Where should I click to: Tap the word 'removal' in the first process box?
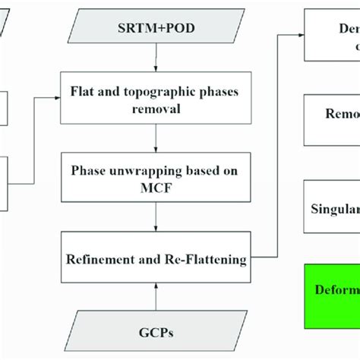(x=156, y=109)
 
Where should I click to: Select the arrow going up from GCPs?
(x=156, y=292)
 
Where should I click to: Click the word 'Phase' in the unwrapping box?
(x=90, y=171)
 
